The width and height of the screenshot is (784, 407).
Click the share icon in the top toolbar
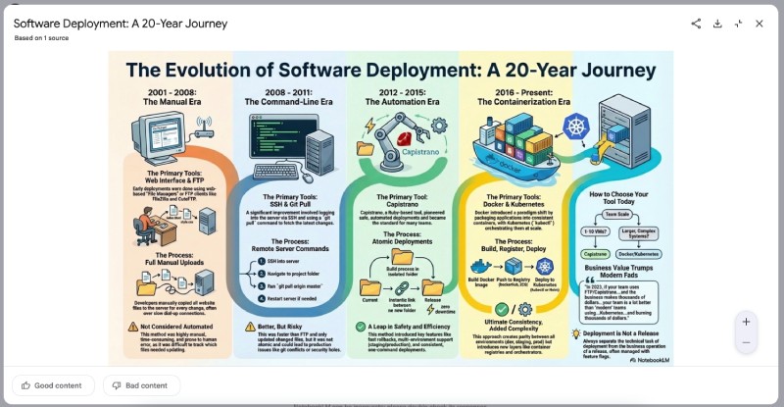[696, 24]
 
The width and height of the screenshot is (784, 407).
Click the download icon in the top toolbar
[717, 24]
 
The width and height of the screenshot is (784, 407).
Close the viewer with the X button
[759, 24]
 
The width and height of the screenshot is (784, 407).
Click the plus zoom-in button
[746, 322]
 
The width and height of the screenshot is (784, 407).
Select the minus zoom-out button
[746, 342]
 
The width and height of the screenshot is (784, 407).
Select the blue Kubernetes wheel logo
[575, 127]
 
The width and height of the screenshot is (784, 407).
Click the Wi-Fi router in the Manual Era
[204, 127]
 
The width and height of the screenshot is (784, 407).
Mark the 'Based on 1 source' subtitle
[41, 38]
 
